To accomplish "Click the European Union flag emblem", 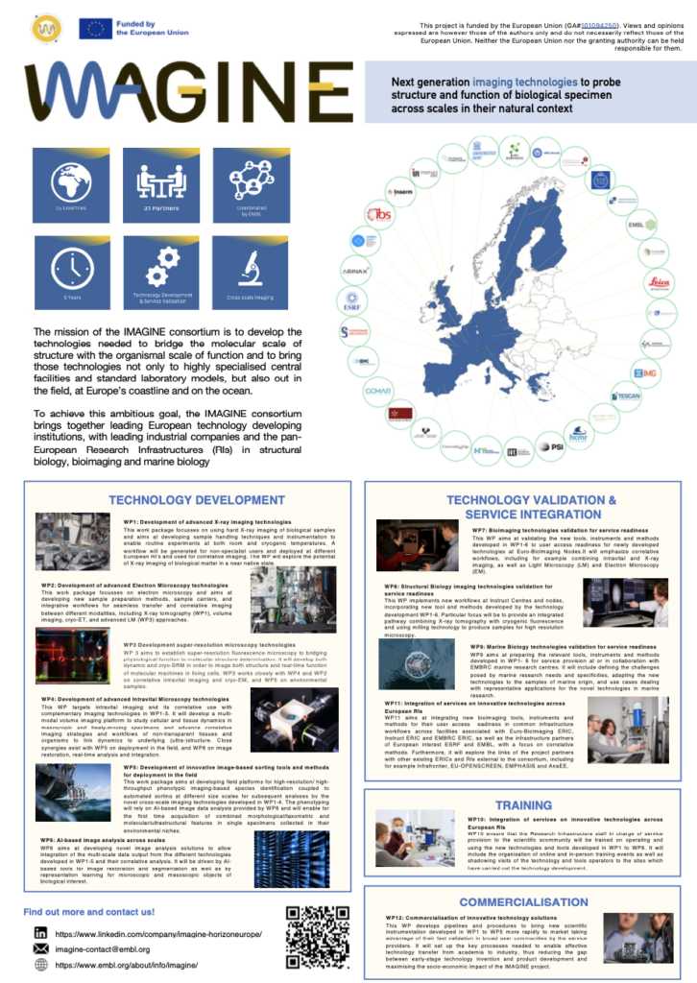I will click(x=95, y=29).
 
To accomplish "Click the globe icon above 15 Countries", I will click(x=71, y=179).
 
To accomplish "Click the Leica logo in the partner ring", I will click(x=656, y=281).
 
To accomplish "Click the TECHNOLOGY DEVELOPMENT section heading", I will click(x=197, y=500).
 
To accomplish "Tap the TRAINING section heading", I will click(x=523, y=804).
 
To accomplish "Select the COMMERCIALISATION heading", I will click(x=523, y=901).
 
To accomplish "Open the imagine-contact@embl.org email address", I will click(x=109, y=948).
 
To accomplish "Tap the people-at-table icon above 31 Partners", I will click(x=160, y=179).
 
